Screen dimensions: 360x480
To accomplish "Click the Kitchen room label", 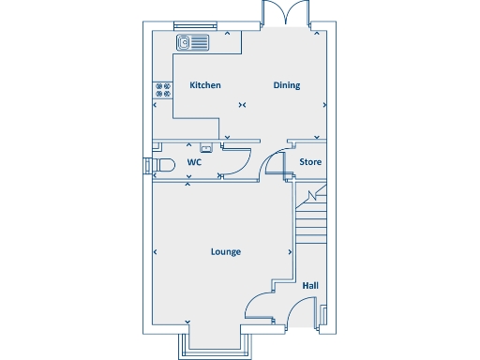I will pos(205,85).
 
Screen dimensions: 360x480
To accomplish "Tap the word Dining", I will pos(287,85).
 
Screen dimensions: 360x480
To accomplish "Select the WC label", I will pos(194,162).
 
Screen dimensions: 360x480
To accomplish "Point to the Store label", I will pos(310,162).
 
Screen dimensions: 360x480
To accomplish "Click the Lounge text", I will pos(225,251).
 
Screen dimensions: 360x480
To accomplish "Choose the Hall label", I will pos(310,284).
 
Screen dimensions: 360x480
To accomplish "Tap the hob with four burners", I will pos(162,91).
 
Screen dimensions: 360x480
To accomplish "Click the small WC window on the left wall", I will pos(146,166).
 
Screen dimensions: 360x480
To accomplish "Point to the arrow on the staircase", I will pos(316,195).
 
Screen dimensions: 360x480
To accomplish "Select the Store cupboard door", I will pos(275,166).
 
